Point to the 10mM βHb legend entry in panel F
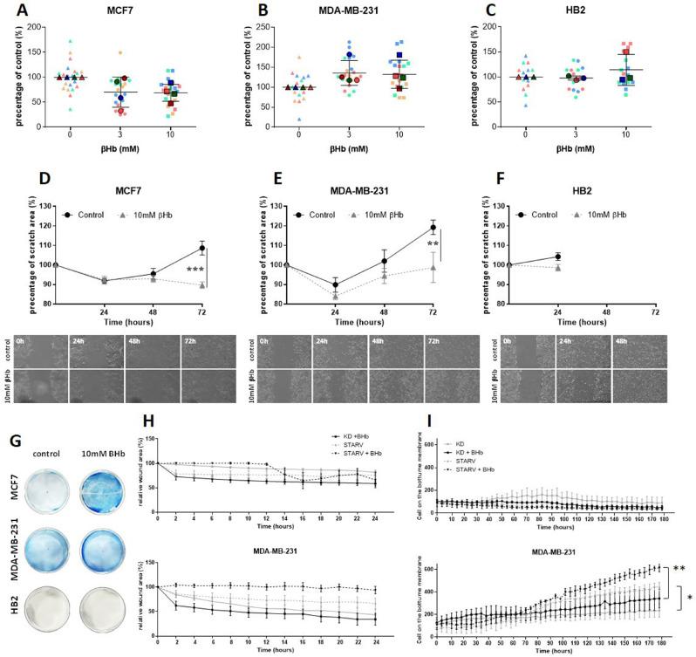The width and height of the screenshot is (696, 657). [597, 213]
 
